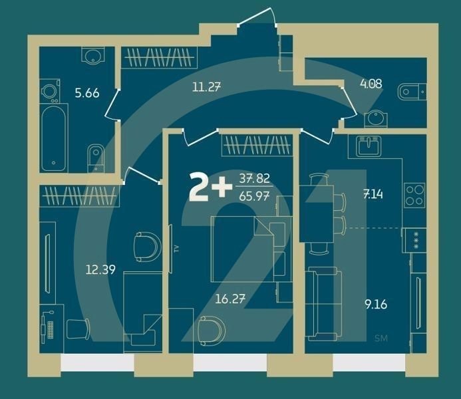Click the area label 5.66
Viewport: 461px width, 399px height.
tap(87, 93)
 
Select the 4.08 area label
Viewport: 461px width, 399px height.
tap(371, 84)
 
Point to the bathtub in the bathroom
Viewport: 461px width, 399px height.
tap(53, 138)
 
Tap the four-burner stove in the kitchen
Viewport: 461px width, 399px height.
tap(414, 195)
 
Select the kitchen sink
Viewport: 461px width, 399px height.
tap(367, 146)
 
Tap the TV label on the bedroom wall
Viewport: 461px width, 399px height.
tap(177, 249)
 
